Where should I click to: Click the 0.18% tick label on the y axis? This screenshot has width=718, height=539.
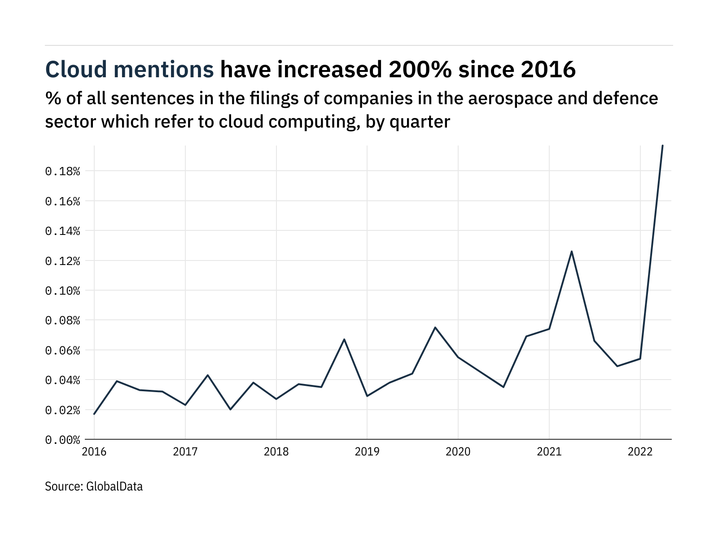[x=62, y=171]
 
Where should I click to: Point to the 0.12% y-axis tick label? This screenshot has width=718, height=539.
[x=62, y=261]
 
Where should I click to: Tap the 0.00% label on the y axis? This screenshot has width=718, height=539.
[x=62, y=440]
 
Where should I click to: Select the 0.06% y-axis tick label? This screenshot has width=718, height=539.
[x=62, y=350]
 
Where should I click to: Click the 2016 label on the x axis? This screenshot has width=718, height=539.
[x=94, y=452]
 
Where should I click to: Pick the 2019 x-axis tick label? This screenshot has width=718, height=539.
[x=367, y=452]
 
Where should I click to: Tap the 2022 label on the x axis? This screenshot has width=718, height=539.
[x=640, y=452]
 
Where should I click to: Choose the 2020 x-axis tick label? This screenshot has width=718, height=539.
[x=458, y=452]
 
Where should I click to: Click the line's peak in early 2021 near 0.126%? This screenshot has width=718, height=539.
[x=572, y=252]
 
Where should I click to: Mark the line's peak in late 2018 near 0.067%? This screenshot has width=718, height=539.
[x=344, y=339]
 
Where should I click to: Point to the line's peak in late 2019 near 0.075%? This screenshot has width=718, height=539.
[x=435, y=327]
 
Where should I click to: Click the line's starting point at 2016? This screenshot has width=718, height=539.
[x=94, y=414]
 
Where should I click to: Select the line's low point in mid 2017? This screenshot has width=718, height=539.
[x=231, y=409]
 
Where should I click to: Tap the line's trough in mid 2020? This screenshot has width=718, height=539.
[x=503, y=387]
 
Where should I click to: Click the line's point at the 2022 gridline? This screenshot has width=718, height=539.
[x=640, y=358]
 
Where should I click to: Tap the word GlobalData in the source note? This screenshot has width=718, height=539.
[x=114, y=486]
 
